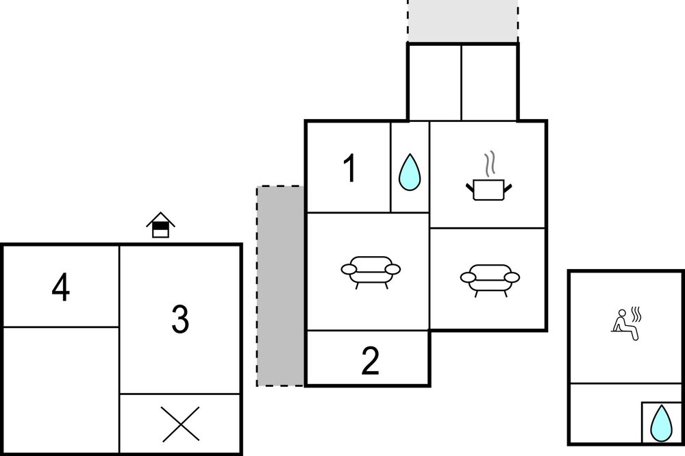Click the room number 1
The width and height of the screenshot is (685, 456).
[350, 169]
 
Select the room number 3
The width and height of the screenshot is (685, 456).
[180, 319]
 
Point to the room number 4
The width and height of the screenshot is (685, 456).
[61, 288]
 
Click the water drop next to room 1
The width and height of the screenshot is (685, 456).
[410, 172]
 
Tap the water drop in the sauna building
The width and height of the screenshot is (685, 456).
[661, 423]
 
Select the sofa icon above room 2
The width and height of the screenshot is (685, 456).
[371, 272]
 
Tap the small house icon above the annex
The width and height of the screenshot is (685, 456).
[161, 225]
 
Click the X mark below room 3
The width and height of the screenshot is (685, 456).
[180, 424]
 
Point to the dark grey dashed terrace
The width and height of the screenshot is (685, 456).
[280, 286]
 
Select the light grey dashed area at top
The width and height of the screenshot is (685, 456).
[463, 21]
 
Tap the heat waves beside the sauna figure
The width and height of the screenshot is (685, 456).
[637, 314]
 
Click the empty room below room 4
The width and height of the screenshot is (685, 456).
[61, 390]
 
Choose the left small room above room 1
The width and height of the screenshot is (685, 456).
[435, 81]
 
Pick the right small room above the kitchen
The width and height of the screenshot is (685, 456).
[489, 81]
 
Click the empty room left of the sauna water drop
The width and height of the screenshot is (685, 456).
[606, 413]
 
